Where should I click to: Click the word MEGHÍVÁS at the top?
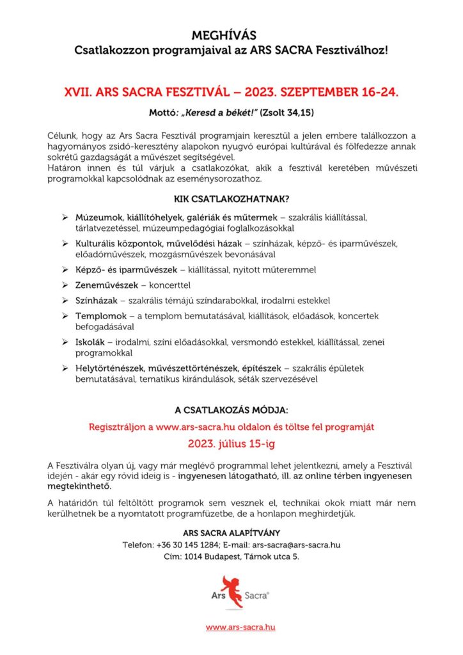pyautogui.click(x=231, y=36)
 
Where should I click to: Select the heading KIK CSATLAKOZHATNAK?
pyautogui.click(x=231, y=198)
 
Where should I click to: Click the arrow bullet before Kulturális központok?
pyautogui.click(x=65, y=244)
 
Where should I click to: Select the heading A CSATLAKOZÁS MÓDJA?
pyautogui.click(x=231, y=409)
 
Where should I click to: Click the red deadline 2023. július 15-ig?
pyautogui.click(x=231, y=442)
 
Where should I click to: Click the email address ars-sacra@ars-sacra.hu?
pyautogui.click(x=296, y=544)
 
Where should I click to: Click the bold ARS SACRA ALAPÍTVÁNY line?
pyautogui.click(x=231, y=532)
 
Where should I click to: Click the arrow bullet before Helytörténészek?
pyautogui.click(x=65, y=368)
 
